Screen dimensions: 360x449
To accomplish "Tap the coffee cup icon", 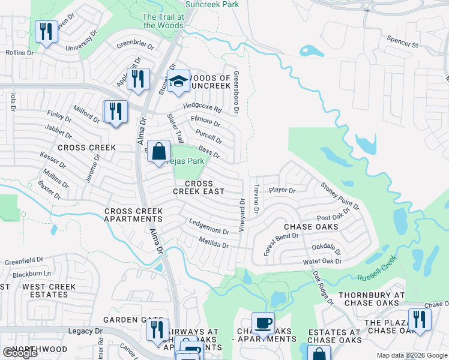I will coord(262,323).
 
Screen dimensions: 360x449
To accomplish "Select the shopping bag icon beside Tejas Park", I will coord(158,151).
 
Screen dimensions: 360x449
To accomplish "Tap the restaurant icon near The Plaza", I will coord(419,319).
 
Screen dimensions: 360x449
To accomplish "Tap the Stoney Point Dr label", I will coord(340,196).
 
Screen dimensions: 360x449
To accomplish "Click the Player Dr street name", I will coord(282,191).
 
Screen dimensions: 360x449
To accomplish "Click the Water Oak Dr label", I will coord(322,261).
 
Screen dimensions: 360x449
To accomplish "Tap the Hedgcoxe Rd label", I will coord(202,108).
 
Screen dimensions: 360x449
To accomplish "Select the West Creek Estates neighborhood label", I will coord(49,292).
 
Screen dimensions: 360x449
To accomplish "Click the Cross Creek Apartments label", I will coord(134,215).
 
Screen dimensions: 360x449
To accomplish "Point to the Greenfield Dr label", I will coord(24,262).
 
